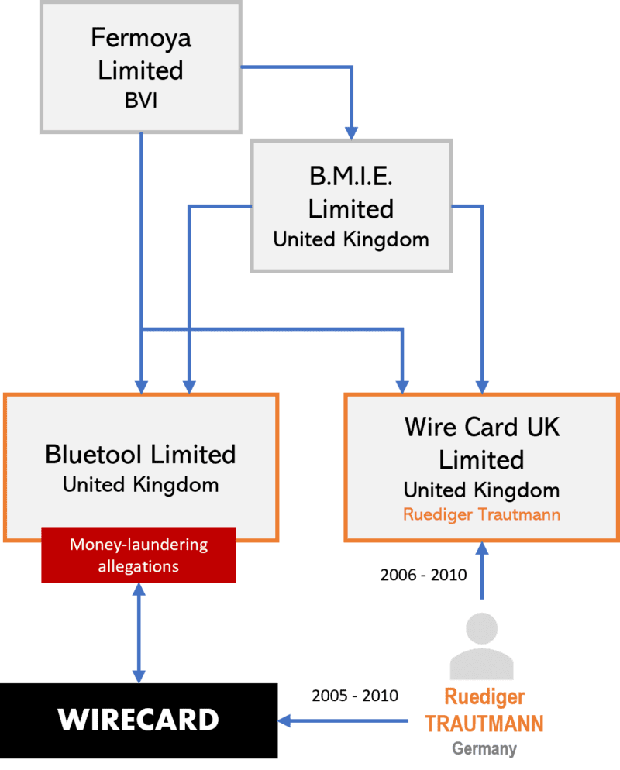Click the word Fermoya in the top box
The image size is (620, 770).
140,37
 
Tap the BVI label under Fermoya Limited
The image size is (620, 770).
140,101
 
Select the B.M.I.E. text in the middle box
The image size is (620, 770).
350,177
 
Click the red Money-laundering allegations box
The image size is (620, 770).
139,555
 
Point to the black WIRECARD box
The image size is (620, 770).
139,720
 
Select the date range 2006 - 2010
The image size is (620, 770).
423,576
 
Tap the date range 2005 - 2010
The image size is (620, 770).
354,696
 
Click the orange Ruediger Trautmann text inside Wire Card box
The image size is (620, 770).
481,514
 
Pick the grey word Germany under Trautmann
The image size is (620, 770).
484,749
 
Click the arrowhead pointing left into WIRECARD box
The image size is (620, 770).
284,721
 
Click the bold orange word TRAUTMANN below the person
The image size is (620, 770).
484,724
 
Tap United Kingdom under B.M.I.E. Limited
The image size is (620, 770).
350,239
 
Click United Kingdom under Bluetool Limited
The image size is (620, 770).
140,486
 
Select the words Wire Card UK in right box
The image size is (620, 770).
481,427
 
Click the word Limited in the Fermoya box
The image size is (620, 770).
140,70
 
